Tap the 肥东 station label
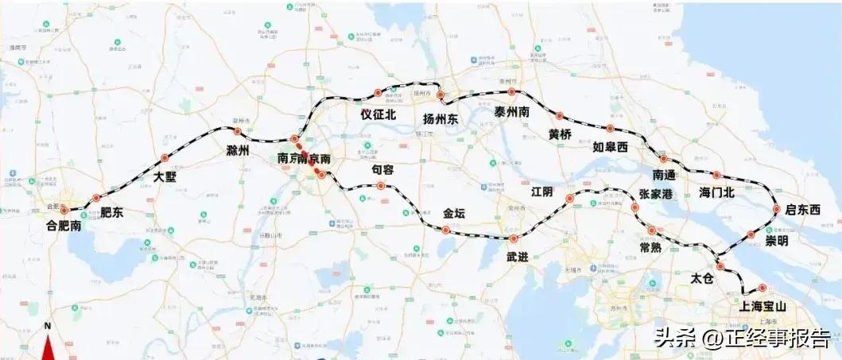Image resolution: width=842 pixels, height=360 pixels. point(111,212)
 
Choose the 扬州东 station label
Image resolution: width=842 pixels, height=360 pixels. point(441,119)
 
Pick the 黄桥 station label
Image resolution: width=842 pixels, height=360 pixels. point(560,134)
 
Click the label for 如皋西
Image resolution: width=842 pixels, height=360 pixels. point(610,147)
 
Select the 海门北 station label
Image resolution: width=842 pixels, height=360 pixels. point(716,192)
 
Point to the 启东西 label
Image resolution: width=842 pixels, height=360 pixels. point(801,210)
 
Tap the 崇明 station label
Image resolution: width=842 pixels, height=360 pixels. point(776,241)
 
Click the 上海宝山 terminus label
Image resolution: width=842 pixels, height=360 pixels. point(762,306)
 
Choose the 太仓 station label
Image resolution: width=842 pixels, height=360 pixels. point(701,278)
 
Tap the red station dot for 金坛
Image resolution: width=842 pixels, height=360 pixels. point(445,230)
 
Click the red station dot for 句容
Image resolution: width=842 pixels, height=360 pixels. point(382,187)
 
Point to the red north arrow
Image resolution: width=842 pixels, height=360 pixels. point(48,346)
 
